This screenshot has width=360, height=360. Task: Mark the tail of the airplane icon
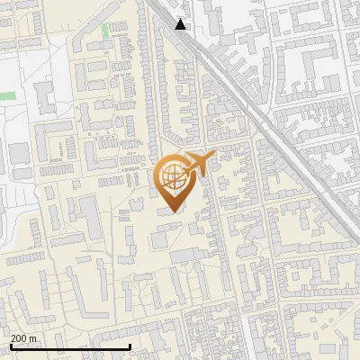pyautogui.click(x=185, y=166)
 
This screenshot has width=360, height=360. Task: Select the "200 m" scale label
pyautogui.click(x=23, y=338)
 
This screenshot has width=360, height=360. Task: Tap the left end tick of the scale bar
pyautogui.click(x=11, y=346)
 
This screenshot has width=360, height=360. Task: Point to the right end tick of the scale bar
pyautogui.click(x=130, y=346)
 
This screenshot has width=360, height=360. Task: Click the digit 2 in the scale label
pyautogui.click(x=13, y=338)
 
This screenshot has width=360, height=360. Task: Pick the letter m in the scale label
pyautogui.click(x=33, y=338)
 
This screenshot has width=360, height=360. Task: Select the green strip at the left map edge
pyautogui.click(x=7, y=94)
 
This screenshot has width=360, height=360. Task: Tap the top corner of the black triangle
pyautogui.click(x=181, y=18)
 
